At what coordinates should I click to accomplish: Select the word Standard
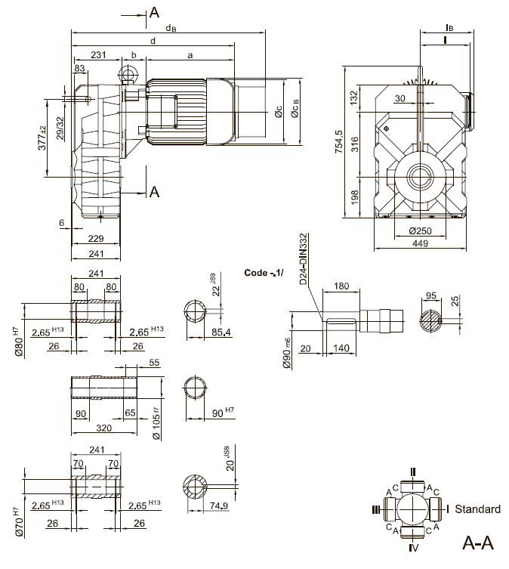point(477,509)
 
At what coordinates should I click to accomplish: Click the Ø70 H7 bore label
point(17,522)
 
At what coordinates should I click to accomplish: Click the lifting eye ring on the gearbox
point(126,73)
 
